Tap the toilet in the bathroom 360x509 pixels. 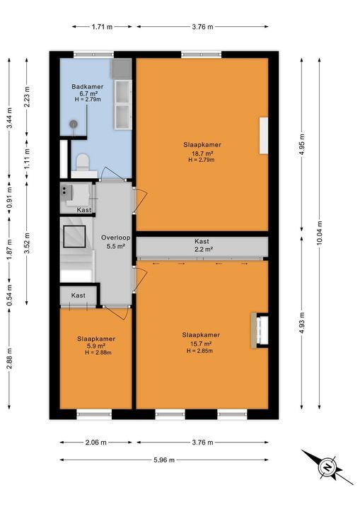pos(82,163)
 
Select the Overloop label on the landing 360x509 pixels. pos(113,237)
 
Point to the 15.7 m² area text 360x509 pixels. pos(201,344)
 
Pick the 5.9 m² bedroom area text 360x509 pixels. pos(95,347)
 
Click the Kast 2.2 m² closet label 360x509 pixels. pos(202,245)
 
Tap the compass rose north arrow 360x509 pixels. pos(327,467)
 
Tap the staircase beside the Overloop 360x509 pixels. pos(75,253)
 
